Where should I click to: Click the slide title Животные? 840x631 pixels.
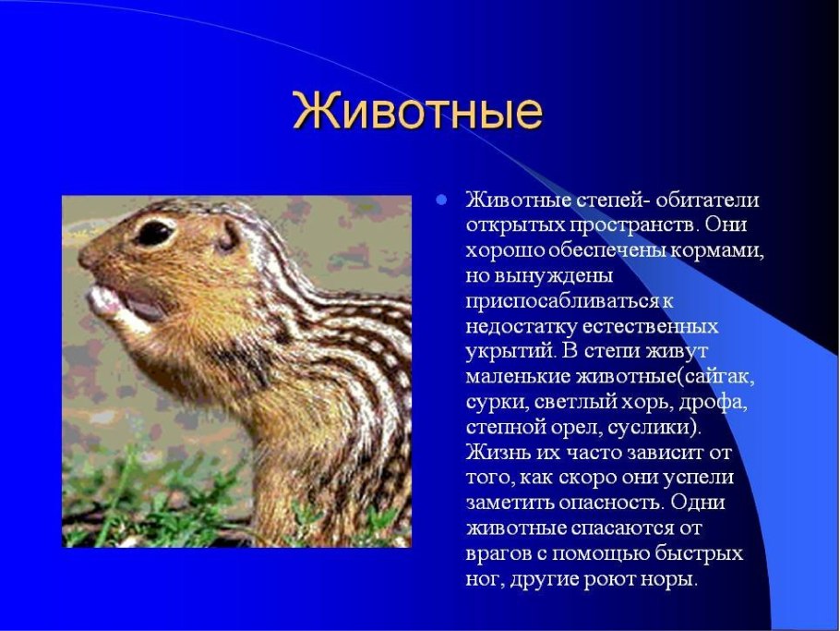point(417,112)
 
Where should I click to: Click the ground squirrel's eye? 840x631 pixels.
point(155,231)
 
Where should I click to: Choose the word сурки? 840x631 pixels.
point(492,403)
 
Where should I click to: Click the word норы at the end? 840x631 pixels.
point(663,580)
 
